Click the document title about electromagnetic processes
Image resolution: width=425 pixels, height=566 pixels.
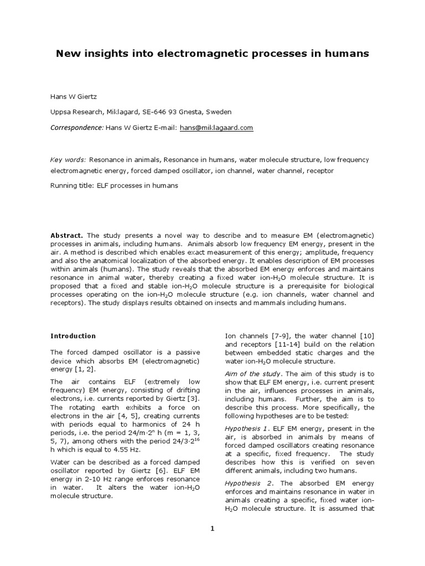(212, 54)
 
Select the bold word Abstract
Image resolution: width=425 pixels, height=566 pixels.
(67, 235)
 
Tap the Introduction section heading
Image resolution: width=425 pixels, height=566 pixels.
(73, 336)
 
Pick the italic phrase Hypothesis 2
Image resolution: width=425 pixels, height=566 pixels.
(246, 483)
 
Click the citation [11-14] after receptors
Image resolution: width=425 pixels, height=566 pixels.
(273, 344)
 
